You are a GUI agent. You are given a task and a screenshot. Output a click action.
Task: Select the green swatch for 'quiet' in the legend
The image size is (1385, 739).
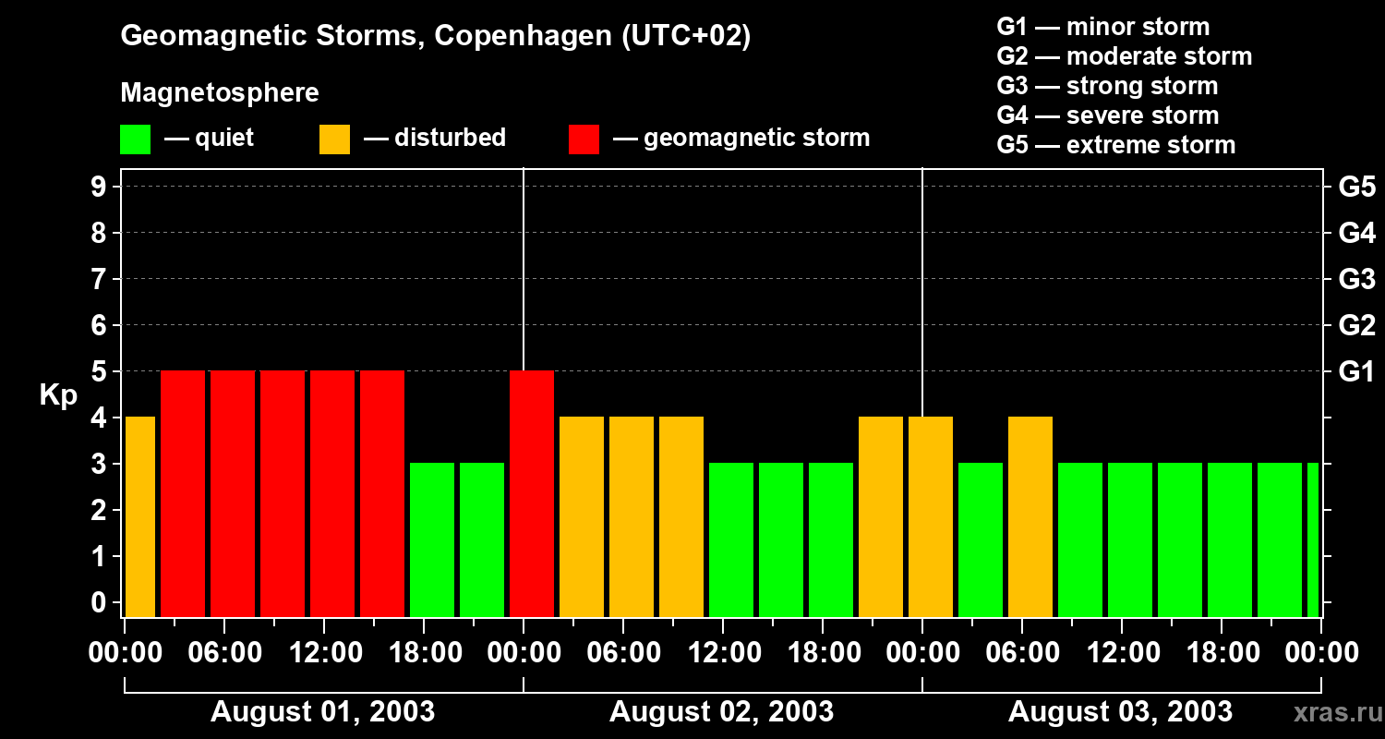pyautogui.click(x=135, y=139)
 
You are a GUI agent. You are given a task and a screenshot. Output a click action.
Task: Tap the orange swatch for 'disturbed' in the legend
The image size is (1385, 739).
pyautogui.click(x=334, y=139)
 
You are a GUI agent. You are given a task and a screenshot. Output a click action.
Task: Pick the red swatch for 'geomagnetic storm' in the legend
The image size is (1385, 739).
pyautogui.click(x=584, y=139)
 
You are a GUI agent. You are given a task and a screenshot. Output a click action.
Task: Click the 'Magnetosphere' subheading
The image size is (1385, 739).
pyautogui.click(x=219, y=93)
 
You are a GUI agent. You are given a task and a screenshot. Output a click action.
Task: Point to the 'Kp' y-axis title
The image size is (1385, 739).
pyautogui.click(x=58, y=395)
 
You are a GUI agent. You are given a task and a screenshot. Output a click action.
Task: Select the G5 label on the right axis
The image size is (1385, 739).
pyautogui.click(x=1356, y=188)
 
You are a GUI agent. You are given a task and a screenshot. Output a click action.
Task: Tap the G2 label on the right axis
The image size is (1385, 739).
pyautogui.click(x=1356, y=326)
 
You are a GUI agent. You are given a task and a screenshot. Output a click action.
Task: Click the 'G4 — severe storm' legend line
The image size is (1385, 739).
pyautogui.click(x=1107, y=115)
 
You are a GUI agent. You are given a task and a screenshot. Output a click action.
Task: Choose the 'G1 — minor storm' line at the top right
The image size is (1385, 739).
pyautogui.click(x=1102, y=27)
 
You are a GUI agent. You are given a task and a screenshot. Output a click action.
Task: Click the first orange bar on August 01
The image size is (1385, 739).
pyautogui.click(x=140, y=516)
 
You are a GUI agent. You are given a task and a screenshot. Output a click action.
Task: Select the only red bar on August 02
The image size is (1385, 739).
pyautogui.click(x=532, y=493)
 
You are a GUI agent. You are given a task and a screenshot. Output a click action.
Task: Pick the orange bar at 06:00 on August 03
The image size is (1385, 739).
pyautogui.click(x=1030, y=516)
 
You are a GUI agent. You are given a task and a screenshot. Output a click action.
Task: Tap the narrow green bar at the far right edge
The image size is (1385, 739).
pyautogui.click(x=1313, y=539)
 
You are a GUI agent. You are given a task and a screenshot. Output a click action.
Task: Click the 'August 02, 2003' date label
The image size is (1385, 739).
pyautogui.click(x=721, y=712)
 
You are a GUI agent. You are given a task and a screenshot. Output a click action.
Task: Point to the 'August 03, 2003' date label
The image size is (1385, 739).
pyautogui.click(x=1120, y=712)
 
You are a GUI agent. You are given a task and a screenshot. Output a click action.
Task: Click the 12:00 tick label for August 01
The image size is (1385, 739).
pyautogui.click(x=327, y=653)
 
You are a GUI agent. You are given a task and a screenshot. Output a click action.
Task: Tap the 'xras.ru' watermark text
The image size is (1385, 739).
pyautogui.click(x=1330, y=713)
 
